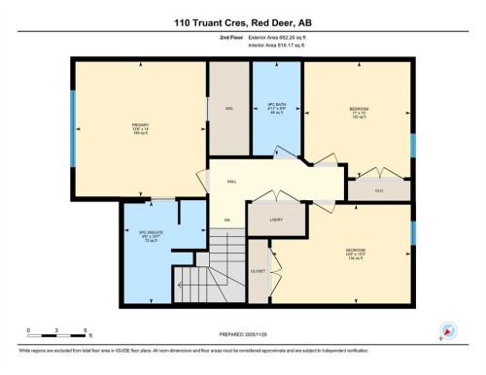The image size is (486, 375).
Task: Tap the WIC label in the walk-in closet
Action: [229, 107]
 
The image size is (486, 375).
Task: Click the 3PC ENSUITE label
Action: [149, 234]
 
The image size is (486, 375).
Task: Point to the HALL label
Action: [231, 182]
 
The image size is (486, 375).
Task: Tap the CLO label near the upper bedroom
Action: [379, 190]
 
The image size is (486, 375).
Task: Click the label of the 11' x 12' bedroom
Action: [359, 108]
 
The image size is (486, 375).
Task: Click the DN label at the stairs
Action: [226, 220]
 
